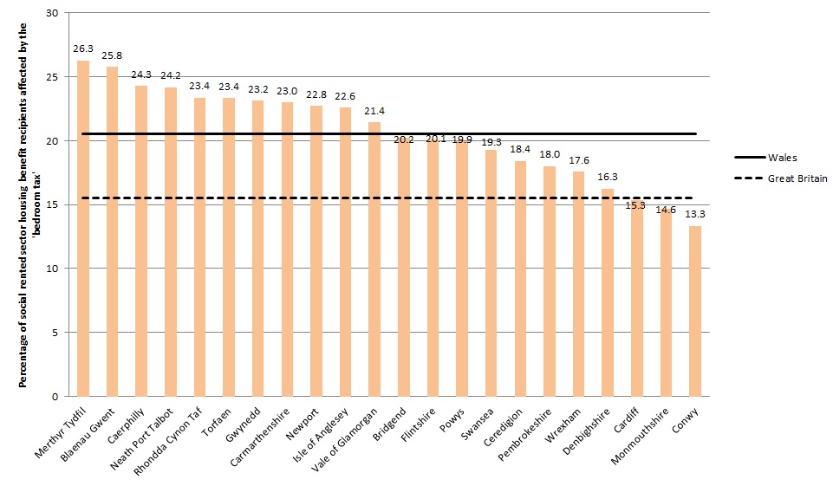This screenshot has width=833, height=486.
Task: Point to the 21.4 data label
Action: [x=374, y=113]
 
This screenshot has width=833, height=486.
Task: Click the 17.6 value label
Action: [x=578, y=161]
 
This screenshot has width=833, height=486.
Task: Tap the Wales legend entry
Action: [x=780, y=158]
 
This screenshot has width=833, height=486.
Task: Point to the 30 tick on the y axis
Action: [x=53, y=13]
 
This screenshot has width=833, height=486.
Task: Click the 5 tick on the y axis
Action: [x=55, y=333]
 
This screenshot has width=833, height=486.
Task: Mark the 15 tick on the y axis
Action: [x=53, y=204]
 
